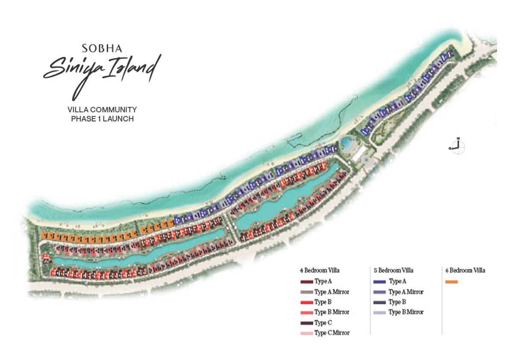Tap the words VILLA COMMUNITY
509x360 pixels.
click(102, 110)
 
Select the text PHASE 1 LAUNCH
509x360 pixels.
click(102, 119)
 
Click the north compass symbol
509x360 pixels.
click(457, 147)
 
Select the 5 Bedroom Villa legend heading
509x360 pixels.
click(394, 270)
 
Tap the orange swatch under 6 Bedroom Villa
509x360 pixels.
click(451, 282)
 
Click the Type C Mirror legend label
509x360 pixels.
click(332, 333)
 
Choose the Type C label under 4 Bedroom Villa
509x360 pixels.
click(323, 323)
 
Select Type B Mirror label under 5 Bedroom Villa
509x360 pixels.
click(406, 312)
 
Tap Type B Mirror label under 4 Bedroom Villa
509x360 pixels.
click(332, 312)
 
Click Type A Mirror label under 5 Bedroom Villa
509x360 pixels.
click(406, 292)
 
